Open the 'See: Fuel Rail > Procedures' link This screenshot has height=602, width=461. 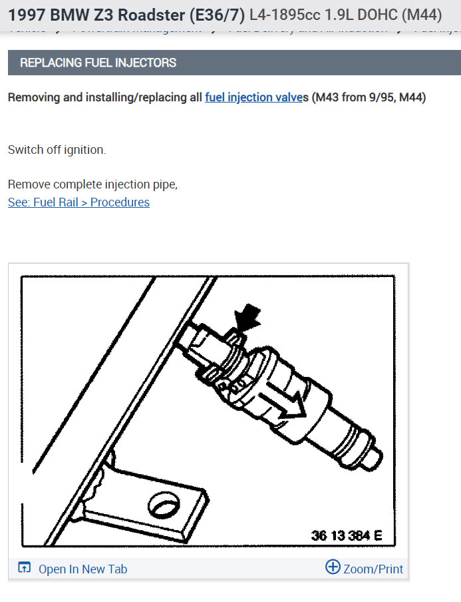[78, 202]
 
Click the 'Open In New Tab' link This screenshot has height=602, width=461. [82, 569]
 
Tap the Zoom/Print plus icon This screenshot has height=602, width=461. [333, 567]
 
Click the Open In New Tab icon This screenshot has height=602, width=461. [25, 569]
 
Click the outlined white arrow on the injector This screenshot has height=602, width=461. [282, 404]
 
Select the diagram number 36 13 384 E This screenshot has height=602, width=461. [346, 536]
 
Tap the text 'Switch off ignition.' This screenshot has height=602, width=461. [57, 150]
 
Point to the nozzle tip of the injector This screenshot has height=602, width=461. [374, 457]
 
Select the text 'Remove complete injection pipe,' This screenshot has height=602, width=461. [92, 184]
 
